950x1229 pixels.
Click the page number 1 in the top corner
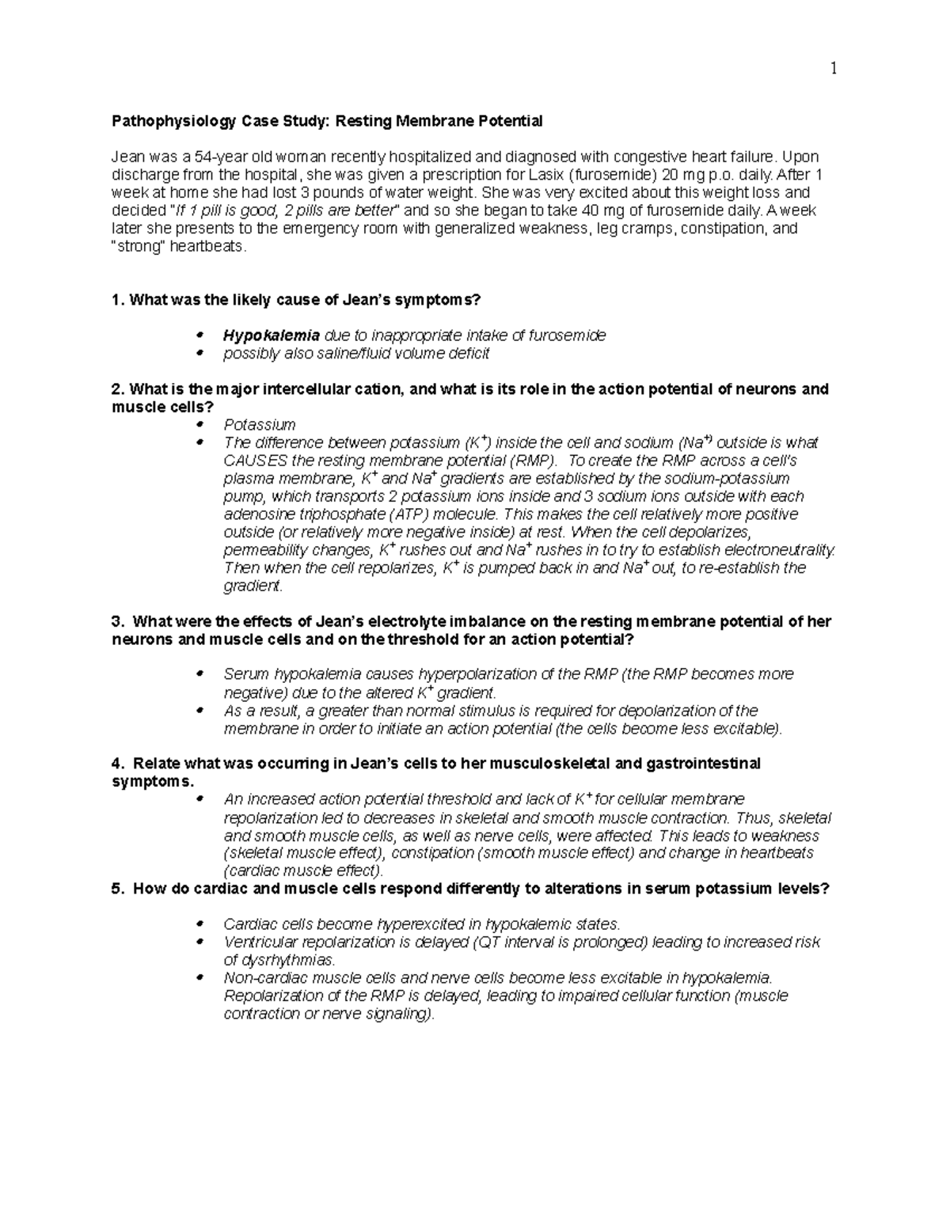(833, 69)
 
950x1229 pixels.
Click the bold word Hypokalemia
(272, 336)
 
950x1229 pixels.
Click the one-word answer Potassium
(260, 425)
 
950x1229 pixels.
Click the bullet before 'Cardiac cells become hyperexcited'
(200, 924)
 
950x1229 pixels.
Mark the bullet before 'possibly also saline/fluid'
(200, 354)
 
